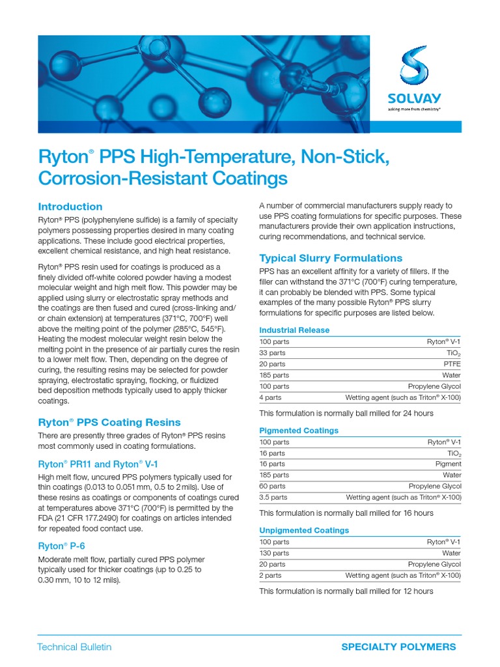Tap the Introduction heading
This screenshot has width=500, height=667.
point(70,206)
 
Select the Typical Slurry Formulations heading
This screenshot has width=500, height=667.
point(331,258)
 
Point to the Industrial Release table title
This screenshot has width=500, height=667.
point(294,330)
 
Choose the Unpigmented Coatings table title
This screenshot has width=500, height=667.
point(304,530)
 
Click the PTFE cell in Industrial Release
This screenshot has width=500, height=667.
point(451,364)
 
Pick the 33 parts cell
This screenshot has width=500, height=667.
point(273,353)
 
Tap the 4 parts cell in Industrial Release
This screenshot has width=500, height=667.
point(270,397)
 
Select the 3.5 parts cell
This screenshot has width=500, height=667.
point(273,497)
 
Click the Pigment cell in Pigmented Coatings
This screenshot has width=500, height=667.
point(448,464)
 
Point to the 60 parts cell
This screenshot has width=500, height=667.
point(272,486)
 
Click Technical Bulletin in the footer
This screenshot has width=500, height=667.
point(74,647)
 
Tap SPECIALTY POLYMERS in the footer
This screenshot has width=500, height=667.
point(398,647)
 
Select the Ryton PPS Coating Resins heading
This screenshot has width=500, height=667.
point(109,422)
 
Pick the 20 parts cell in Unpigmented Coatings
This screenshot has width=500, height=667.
point(272,564)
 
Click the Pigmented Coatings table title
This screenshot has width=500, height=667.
point(299,431)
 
